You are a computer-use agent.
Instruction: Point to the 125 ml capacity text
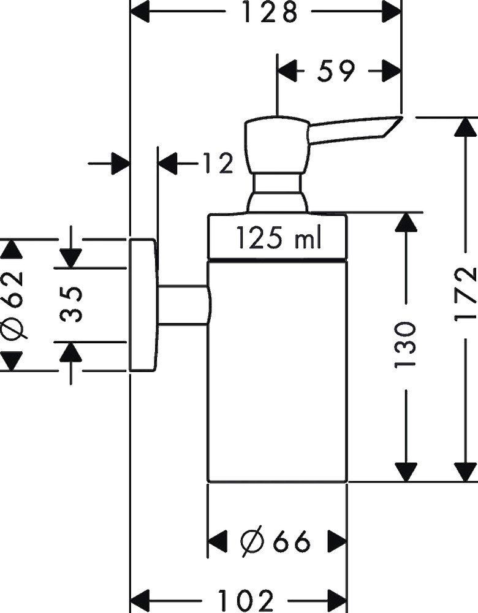(279, 238)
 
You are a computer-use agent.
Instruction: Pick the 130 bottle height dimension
(404, 343)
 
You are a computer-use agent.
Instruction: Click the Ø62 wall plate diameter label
(12, 305)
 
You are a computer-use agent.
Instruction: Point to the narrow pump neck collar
(276, 183)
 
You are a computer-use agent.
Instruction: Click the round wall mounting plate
(143, 305)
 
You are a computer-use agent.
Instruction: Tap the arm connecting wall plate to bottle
(183, 305)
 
